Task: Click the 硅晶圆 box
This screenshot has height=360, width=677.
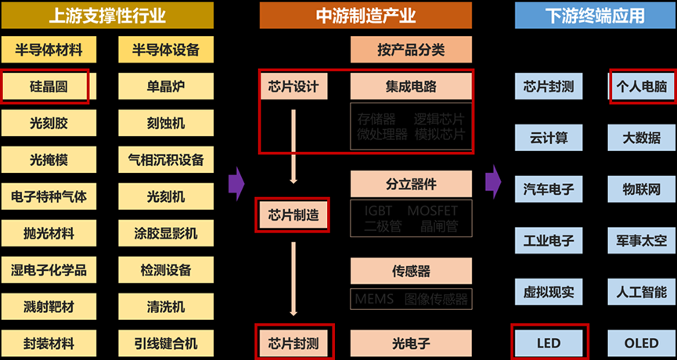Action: pyautogui.click(x=45, y=87)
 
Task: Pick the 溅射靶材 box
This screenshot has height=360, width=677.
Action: pyautogui.click(x=45, y=306)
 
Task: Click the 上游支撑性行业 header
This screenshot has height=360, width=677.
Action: pyautogui.click(x=106, y=15)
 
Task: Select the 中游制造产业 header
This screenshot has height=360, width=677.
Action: pyautogui.click(x=366, y=15)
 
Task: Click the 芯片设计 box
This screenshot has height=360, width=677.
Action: pyautogui.click(x=293, y=87)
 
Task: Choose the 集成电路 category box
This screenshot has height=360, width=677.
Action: pyautogui.click(x=412, y=87)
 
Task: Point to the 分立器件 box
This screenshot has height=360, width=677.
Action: pyautogui.click(x=412, y=185)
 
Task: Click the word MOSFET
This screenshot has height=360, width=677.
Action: pyautogui.click(x=432, y=211)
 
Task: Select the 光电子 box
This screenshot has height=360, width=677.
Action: pyautogui.click(x=412, y=343)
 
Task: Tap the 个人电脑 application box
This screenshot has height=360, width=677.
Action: pyautogui.click(x=641, y=87)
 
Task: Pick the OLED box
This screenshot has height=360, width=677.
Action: pyautogui.click(x=641, y=343)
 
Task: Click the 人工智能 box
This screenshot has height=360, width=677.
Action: pyautogui.click(x=641, y=293)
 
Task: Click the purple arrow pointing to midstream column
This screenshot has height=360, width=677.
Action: pyautogui.click(x=236, y=185)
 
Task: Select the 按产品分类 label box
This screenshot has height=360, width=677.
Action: pyautogui.click(x=412, y=50)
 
